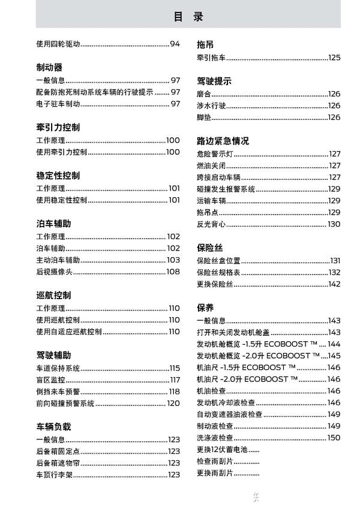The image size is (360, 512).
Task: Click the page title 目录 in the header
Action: pos(188,17)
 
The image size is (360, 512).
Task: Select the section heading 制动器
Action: pos(49,68)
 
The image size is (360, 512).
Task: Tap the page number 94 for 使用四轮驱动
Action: pos(175,44)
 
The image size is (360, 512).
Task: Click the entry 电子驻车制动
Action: pos(58,104)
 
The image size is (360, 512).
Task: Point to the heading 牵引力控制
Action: pos(58,128)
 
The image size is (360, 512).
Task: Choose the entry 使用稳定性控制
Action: pos(62,200)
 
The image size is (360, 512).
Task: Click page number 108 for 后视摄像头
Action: pos(173,272)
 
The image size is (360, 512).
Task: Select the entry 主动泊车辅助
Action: pos(58,260)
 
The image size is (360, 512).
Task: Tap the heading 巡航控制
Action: pos(53,295)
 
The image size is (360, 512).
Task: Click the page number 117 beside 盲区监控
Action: pos(175,380)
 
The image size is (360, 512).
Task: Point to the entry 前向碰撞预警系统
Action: pos(65,403)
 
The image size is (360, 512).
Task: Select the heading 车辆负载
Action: pos(53,427)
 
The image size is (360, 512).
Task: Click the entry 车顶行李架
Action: pos(54,475)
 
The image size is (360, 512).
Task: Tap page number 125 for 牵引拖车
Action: pos(334,58)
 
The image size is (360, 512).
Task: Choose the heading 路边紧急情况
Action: pos(223,141)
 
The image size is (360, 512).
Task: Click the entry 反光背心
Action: pos(211,224)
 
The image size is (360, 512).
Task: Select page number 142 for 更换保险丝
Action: pos(334,284)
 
